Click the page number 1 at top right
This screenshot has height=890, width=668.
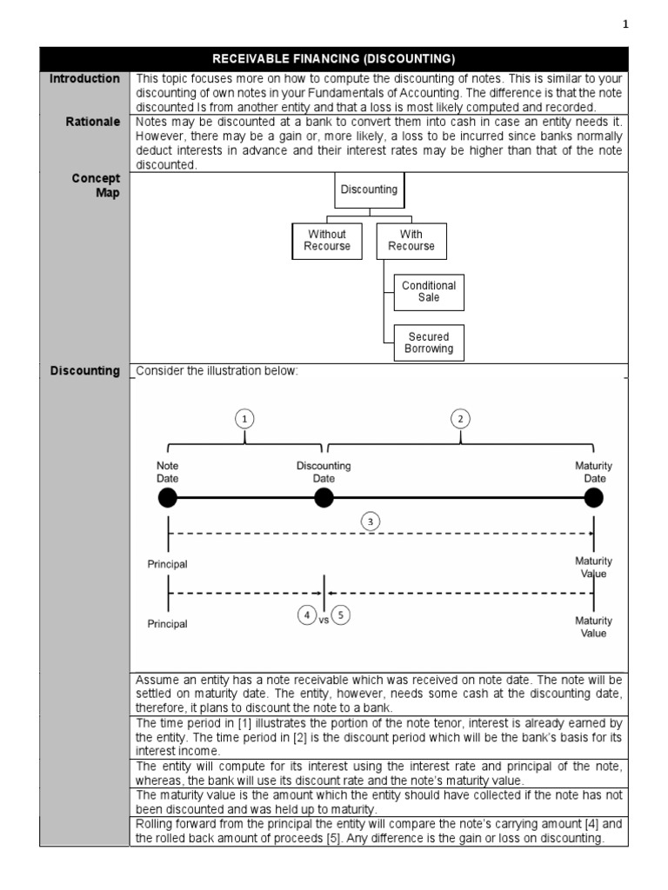[x=625, y=24]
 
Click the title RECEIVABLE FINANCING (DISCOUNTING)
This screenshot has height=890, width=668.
[x=334, y=59]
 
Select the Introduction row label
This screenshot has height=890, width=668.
[x=84, y=78]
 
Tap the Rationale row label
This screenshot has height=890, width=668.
[x=93, y=122]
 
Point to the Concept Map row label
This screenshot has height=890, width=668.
[x=96, y=185]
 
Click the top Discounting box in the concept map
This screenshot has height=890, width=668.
[x=369, y=189]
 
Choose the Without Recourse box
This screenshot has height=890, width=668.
[x=327, y=240]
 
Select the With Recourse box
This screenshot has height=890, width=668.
[x=411, y=240]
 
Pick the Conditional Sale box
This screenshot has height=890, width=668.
[x=429, y=291]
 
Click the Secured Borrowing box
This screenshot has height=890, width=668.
[x=429, y=342]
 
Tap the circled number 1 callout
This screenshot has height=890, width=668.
[x=246, y=419]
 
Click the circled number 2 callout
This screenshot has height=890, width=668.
[x=460, y=419]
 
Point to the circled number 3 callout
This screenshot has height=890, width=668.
[x=371, y=521]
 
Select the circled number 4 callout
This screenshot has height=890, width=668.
[x=306, y=615]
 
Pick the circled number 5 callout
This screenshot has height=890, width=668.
[x=341, y=615]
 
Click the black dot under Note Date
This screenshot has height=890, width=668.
[x=168, y=498]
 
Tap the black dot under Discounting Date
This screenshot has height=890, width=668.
[x=324, y=498]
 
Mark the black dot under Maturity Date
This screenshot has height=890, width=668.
[x=593, y=498]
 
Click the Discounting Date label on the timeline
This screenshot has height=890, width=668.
[x=324, y=472]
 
